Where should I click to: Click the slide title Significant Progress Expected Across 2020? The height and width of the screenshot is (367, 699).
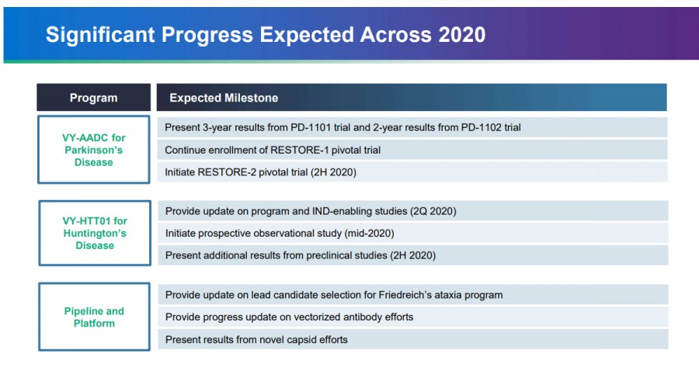pyautogui.click(x=266, y=35)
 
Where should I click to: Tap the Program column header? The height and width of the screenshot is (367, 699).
pyautogui.click(x=93, y=98)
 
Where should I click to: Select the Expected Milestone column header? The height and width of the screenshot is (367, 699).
pyautogui.click(x=224, y=98)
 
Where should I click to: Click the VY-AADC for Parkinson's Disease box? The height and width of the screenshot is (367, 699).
pyautogui.click(x=93, y=150)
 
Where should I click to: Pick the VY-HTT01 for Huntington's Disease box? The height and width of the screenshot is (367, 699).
pyautogui.click(x=93, y=233)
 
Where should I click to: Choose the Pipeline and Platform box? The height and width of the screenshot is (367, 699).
pyautogui.click(x=93, y=317)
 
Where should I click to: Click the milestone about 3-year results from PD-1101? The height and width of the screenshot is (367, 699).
pyautogui.click(x=348, y=126)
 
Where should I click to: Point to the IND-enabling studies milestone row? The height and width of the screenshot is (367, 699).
pyautogui.click(x=311, y=210)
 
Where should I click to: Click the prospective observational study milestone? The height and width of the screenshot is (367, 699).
pyautogui.click(x=280, y=233)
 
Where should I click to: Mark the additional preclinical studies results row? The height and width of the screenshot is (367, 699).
pyautogui.click(x=301, y=255)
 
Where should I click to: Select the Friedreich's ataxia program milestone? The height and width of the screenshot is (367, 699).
pyautogui.click(x=334, y=294)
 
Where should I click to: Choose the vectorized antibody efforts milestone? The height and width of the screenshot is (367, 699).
pyautogui.click(x=289, y=317)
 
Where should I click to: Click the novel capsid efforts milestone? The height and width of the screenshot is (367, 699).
pyautogui.click(x=256, y=339)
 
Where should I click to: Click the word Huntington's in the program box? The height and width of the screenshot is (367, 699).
pyautogui.click(x=94, y=233)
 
